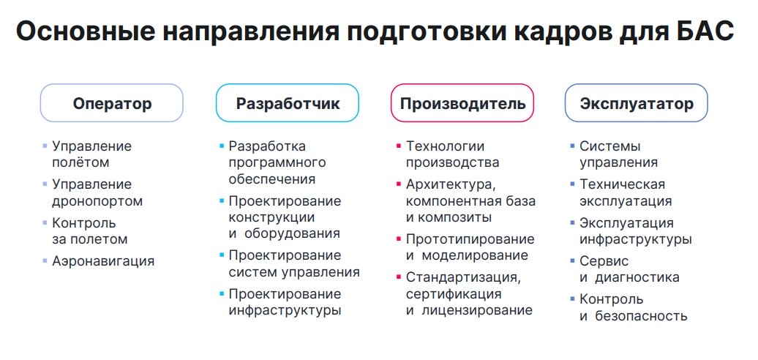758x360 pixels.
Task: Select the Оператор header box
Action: coord(112,103)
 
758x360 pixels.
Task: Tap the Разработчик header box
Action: coord(287,103)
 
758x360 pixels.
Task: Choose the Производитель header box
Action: coord(462,103)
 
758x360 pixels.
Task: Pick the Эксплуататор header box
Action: coord(637,103)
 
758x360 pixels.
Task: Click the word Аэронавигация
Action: coord(103,261)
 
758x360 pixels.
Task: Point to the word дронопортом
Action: coord(97,201)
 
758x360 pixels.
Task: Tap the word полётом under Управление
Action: coord(80,162)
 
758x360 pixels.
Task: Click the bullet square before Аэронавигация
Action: coord(45,261)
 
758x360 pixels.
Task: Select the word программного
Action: coord(277,163)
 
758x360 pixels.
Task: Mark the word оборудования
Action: coord(292,233)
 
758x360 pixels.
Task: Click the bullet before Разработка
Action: coord(222,146)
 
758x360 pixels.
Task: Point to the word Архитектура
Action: coord(449,184)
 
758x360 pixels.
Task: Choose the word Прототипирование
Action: coord(470,239)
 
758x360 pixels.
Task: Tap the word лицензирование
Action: coord(477,310)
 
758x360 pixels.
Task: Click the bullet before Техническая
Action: coord(573,184)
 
